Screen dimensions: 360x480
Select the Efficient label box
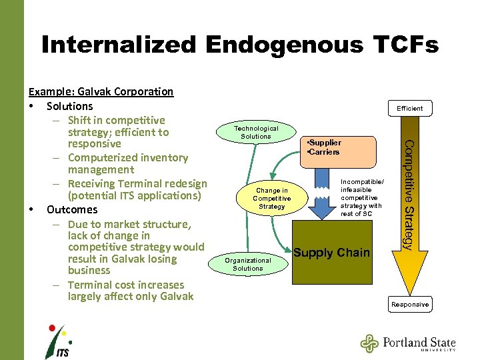click(409, 108)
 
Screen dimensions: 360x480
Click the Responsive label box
click(410, 305)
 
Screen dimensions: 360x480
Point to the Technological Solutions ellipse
click(256, 132)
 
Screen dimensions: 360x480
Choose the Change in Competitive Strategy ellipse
click(272, 199)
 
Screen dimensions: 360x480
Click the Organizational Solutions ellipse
click(248, 264)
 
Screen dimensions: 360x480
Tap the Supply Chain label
click(331, 252)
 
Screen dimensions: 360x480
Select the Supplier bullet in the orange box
click(324, 143)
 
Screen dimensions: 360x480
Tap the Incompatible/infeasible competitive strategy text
click(361, 197)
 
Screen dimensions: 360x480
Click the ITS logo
click(57, 341)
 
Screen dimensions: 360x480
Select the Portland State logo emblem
click(369, 343)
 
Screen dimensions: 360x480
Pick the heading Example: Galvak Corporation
click(101, 91)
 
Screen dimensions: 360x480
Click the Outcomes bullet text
click(72, 209)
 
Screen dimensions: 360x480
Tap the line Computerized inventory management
click(128, 163)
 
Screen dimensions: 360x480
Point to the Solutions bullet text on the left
click(70, 106)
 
